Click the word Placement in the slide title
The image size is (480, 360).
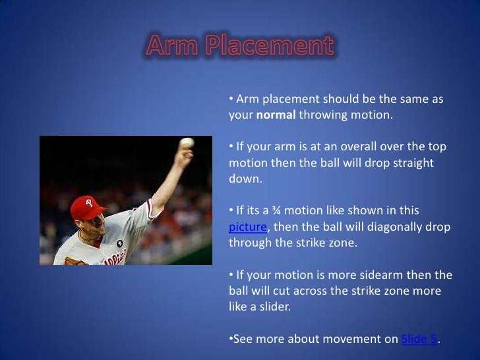(x=270, y=47)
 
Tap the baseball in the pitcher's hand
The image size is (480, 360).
(x=187, y=143)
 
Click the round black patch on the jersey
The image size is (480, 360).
(x=119, y=243)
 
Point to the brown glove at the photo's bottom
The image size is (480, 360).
(x=75, y=262)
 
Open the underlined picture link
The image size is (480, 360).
(x=247, y=226)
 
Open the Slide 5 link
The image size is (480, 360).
(x=420, y=339)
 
